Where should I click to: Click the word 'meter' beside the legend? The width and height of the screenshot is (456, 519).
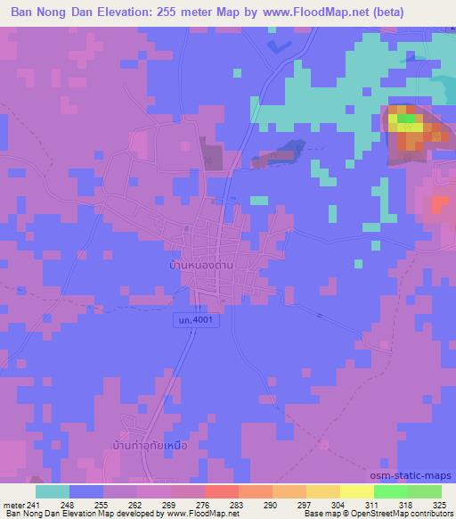(14, 504)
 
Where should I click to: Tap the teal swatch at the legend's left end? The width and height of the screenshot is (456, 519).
(52, 491)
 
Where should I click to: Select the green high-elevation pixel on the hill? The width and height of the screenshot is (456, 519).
(405, 117)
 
